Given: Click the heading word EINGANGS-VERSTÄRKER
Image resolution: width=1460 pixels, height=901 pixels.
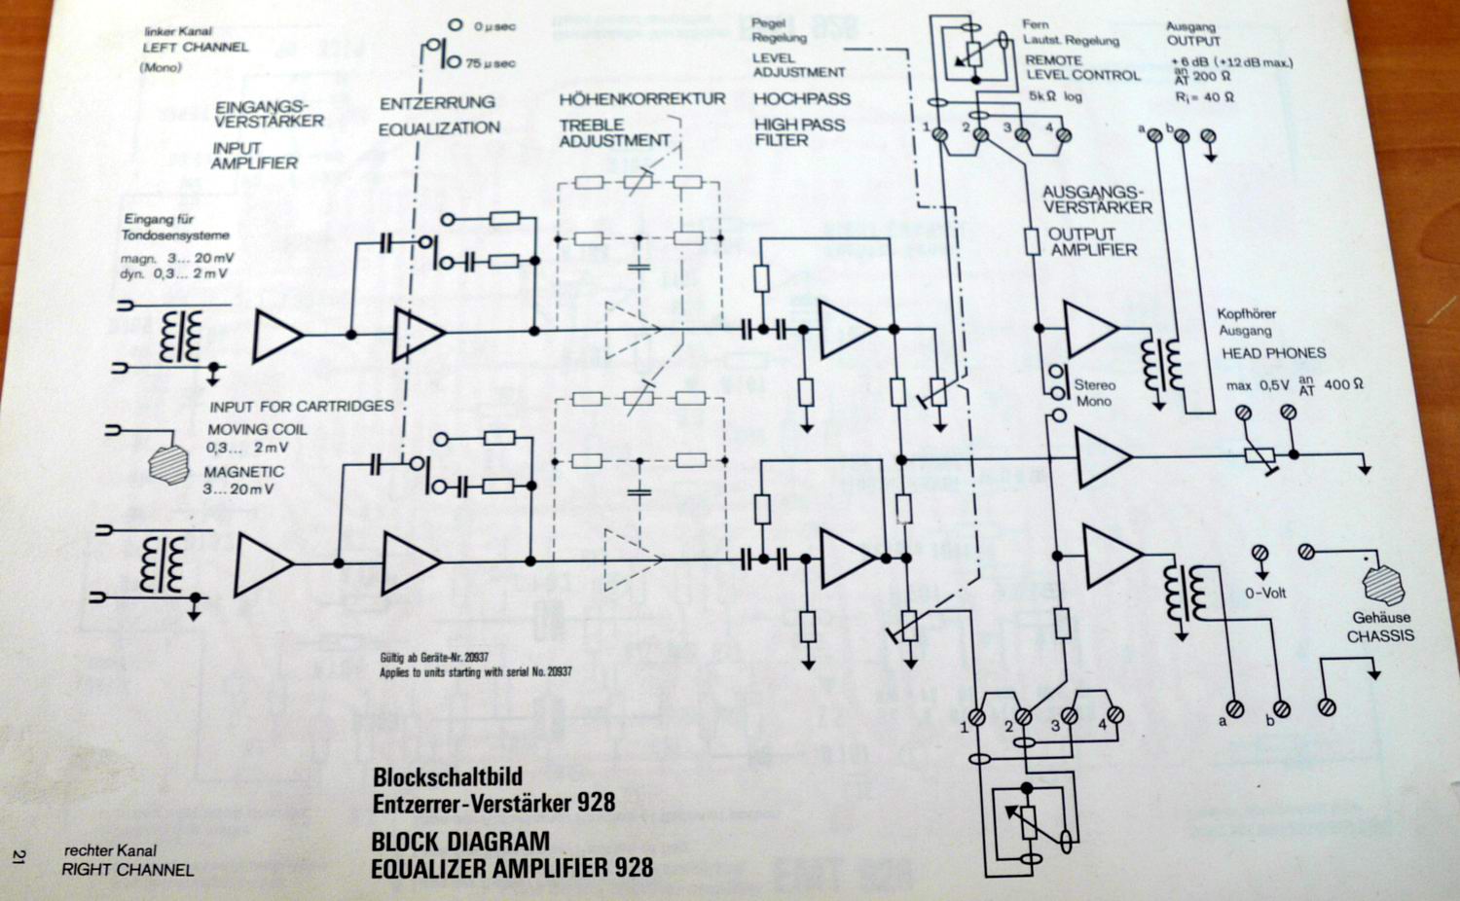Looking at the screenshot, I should tap(269, 114).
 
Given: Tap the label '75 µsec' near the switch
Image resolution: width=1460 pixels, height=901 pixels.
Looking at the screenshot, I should tap(490, 63).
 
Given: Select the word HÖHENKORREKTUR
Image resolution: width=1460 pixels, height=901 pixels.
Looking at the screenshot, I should tap(641, 99).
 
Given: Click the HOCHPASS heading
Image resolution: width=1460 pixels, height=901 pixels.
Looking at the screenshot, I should tap(801, 99).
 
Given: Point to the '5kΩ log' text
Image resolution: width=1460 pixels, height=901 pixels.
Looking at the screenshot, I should tap(1055, 97).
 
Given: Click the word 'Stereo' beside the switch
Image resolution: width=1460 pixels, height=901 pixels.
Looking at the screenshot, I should tap(1094, 385).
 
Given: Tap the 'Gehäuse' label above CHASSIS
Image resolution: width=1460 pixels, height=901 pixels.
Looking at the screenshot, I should tap(1380, 618).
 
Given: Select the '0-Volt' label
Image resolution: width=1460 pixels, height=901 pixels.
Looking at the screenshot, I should tap(1265, 593).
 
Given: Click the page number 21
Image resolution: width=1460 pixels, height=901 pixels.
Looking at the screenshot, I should tap(18, 856).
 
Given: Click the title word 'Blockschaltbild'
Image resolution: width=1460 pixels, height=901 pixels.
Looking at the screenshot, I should tap(447, 776).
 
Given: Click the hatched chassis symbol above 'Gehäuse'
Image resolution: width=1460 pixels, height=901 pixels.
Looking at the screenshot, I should tap(1382, 584).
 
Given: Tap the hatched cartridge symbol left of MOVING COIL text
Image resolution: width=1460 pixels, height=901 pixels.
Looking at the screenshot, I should tap(168, 461).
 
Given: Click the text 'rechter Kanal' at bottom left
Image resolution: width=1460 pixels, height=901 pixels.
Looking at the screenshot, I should tap(110, 850).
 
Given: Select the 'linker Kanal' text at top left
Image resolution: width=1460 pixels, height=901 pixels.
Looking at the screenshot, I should tap(177, 32).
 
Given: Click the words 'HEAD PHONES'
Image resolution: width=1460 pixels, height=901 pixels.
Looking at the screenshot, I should tap(1273, 353).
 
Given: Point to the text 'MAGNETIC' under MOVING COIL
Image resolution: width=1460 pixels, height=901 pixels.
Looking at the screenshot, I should tap(243, 472).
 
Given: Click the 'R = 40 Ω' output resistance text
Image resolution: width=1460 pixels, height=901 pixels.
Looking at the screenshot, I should tap(1204, 97).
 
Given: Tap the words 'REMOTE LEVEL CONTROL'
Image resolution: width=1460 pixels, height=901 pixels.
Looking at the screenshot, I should tap(1081, 67).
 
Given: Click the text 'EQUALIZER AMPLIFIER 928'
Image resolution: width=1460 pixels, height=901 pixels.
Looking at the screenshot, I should tap(511, 867).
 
